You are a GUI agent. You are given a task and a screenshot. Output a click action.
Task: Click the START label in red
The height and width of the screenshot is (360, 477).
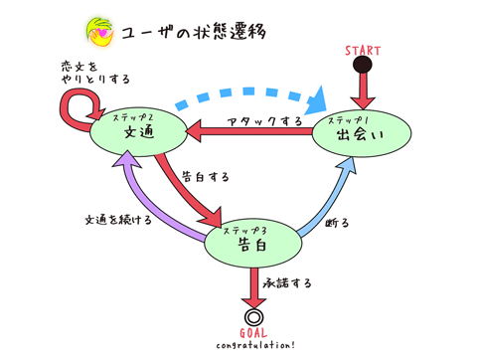[x=364, y=50]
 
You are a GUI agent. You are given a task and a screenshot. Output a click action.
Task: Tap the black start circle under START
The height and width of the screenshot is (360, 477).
[x=363, y=65]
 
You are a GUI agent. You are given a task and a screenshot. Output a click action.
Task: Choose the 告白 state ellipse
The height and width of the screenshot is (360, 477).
[x=252, y=241]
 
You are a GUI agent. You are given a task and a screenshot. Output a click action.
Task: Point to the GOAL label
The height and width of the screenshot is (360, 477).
[x=255, y=334]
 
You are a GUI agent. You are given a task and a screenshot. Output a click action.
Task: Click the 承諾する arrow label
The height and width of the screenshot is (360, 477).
[x=287, y=284]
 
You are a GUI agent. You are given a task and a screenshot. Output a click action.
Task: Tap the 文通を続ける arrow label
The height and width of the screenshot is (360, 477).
[x=116, y=219]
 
